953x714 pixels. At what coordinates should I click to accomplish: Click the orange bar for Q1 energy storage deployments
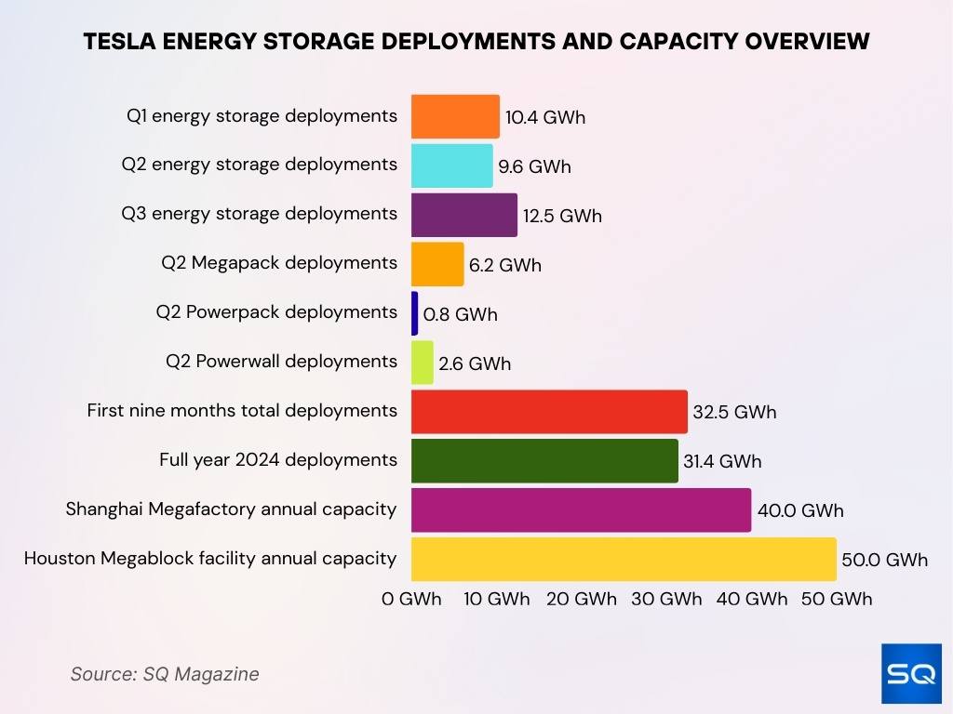coord(455,117)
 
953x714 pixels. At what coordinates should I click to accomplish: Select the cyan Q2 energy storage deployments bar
coord(451,166)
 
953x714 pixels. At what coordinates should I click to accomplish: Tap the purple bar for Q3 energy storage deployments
coord(463,216)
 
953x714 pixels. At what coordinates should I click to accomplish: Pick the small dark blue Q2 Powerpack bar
coord(414,314)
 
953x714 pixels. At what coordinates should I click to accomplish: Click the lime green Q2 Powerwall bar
coord(422,364)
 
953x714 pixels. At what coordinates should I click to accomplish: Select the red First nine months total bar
coord(549,412)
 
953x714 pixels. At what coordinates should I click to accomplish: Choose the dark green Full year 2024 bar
coord(544,461)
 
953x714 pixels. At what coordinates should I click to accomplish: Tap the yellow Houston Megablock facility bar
coord(624,560)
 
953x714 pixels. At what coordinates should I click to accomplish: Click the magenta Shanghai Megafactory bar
coord(581,510)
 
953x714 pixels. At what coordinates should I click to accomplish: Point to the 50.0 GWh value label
coord(885,561)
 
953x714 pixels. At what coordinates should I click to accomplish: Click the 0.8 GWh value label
coord(460,315)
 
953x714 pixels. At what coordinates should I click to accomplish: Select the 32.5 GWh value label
coord(734,413)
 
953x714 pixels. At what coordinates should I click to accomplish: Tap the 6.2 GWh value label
coord(504,266)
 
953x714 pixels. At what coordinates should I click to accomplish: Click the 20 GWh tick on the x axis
coord(582,600)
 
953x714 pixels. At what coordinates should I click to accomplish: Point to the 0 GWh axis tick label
coord(411,600)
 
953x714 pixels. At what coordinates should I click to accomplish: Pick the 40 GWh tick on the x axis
coord(752,600)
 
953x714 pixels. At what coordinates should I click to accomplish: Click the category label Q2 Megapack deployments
coord(279,263)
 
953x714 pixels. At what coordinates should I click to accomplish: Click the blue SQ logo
coord(911,673)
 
